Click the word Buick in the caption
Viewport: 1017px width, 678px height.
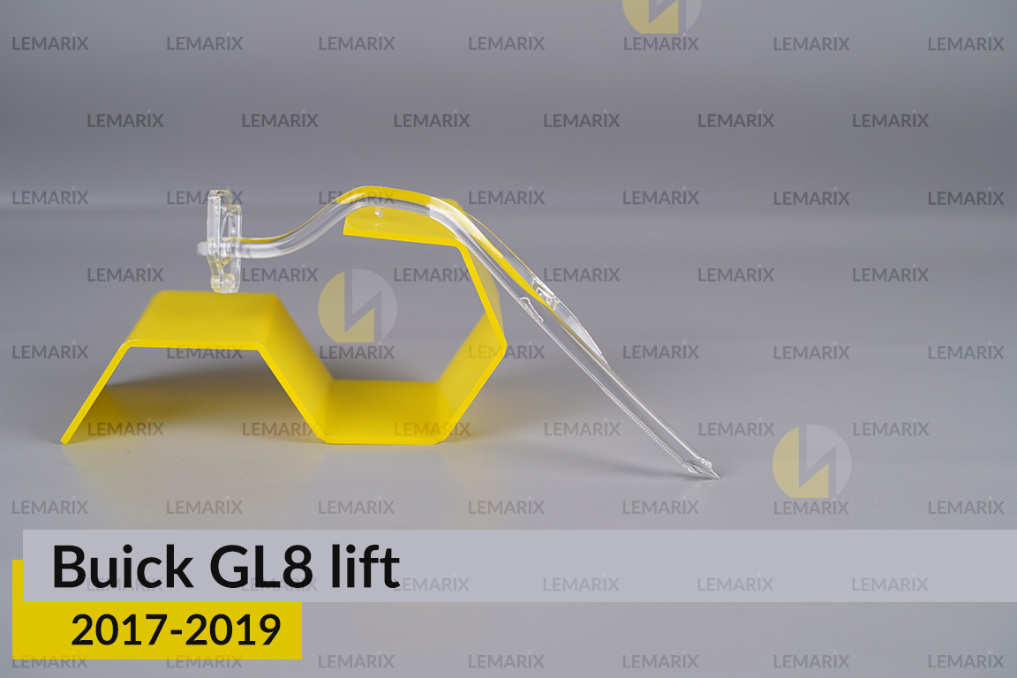122,567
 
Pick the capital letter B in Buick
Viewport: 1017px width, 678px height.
68,567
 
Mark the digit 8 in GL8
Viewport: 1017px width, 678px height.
300,567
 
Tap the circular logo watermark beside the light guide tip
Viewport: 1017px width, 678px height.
811,462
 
